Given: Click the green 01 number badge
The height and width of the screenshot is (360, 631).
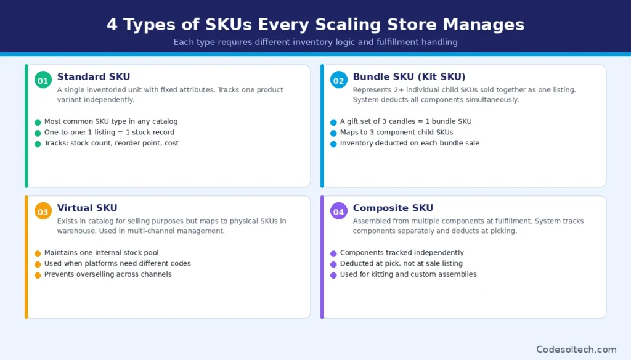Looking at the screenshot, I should (43, 80).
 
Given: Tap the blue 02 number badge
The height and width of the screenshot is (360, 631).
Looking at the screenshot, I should (338, 80).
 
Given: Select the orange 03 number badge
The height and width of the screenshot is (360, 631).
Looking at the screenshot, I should (43, 211).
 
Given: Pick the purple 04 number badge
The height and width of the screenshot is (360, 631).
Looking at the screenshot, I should (338, 211).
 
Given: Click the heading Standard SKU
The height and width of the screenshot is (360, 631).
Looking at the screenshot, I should (94, 77).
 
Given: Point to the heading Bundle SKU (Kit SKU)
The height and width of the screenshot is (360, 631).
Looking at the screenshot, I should (409, 77).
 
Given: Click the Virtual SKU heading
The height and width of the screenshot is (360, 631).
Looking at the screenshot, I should (87, 208).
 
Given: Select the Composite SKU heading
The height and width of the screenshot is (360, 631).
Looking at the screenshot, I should (393, 208).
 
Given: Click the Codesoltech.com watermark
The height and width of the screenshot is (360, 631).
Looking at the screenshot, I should (576, 349).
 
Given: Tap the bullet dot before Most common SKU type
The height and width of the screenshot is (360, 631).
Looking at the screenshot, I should (38, 122).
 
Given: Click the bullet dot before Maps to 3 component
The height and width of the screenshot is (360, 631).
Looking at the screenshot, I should (333, 133).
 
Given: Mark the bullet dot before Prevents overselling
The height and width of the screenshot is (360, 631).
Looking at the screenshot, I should (38, 274).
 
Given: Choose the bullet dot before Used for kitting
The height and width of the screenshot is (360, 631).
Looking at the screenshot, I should (333, 274).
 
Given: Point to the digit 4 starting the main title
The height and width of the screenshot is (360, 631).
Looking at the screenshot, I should (112, 25).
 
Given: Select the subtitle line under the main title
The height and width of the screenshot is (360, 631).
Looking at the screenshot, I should (315, 43).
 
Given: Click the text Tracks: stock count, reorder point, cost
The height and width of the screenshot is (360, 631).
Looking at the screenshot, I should (112, 143).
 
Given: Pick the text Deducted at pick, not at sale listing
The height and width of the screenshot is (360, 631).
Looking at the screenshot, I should (401, 263).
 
